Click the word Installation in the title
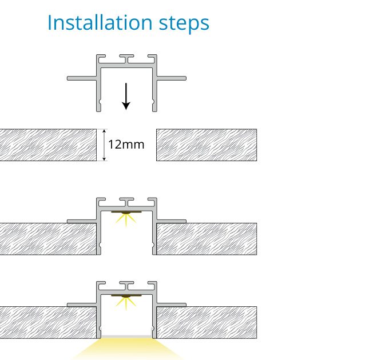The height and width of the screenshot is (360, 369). tap(100, 23)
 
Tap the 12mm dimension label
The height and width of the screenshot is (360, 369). tap(126, 144)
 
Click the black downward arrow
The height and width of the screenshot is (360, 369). tap(126, 97)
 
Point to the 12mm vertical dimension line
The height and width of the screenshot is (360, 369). tap(104, 145)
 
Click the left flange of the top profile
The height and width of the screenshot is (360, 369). tap(82, 78)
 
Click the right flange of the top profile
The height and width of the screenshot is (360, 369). tap(171, 78)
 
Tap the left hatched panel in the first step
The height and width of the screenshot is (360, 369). tap(48, 145)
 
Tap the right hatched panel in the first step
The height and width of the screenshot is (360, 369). tap(207, 145)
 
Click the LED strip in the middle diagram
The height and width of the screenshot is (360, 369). tap(126, 212)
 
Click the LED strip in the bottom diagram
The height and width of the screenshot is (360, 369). tap(126, 296)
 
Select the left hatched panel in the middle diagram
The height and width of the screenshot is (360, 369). tap(48, 239)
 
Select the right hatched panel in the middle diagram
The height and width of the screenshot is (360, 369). tap(207, 239)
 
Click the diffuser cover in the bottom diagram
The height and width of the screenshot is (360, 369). tap(126, 337)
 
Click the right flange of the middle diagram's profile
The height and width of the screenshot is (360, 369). tap(171, 221)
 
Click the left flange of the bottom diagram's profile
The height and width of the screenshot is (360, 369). tap(82, 305)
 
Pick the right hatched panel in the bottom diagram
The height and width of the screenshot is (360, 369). tap(207, 322)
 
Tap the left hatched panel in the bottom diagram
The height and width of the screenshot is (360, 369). tap(48, 322)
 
